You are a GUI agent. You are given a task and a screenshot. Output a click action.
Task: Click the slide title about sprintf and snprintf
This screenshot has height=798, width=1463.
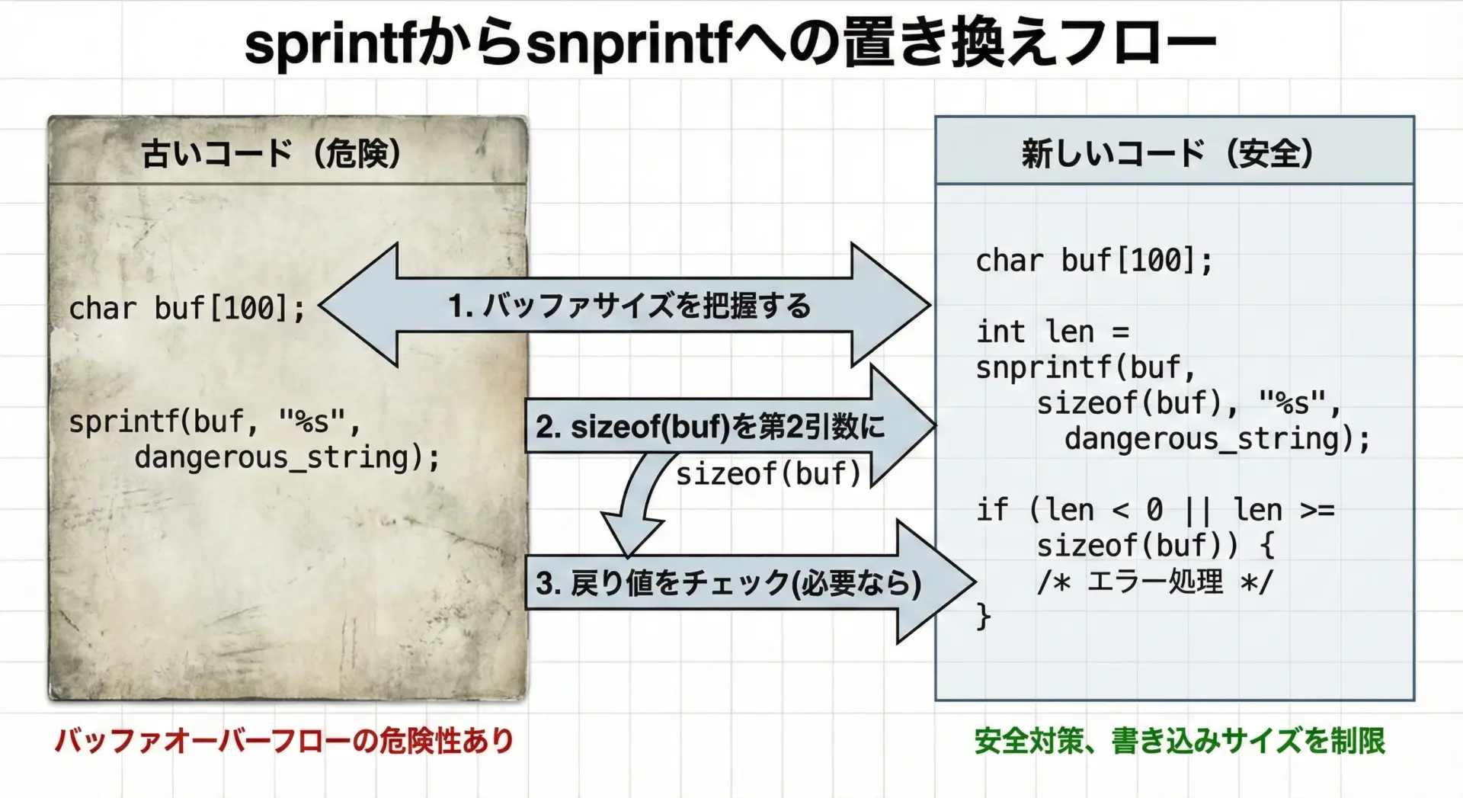point(730,43)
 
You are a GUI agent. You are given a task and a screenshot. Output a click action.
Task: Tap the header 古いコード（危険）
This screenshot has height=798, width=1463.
point(271,153)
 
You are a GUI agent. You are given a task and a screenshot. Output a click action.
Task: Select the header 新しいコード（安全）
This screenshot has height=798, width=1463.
point(1167,153)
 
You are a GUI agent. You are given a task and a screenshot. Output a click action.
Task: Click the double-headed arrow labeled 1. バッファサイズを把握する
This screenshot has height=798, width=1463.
point(625,306)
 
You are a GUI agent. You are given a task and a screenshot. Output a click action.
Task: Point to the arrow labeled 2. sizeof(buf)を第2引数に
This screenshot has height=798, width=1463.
point(730,426)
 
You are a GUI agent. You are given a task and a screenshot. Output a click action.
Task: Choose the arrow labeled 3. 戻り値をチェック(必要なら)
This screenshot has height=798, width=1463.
point(751,582)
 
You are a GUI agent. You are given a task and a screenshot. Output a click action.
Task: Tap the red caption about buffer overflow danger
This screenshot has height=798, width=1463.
point(284,741)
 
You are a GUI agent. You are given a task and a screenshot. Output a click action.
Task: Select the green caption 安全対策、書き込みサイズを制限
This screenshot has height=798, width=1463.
point(1180,741)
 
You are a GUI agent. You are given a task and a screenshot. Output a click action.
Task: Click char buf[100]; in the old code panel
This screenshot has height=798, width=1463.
point(187,309)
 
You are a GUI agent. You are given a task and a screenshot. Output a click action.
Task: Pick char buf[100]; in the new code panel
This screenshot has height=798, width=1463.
point(1094,261)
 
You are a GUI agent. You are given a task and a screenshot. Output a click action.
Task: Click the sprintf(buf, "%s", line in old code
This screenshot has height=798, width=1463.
point(214,421)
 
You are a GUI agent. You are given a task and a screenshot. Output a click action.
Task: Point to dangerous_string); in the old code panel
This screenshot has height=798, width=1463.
point(287,457)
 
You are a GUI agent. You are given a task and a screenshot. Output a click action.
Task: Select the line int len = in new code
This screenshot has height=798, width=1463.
point(1052,332)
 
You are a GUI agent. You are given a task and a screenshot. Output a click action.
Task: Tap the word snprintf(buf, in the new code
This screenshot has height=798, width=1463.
point(1086,368)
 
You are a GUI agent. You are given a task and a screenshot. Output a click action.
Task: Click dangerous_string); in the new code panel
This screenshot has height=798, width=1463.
point(1217,439)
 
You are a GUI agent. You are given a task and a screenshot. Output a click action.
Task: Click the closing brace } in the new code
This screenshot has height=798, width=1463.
point(984,616)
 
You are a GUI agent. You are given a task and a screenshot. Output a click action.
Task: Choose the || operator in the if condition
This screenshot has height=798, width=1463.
point(1198,510)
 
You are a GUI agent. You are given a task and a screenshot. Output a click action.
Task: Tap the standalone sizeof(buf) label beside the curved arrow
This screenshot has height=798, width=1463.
point(768,474)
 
